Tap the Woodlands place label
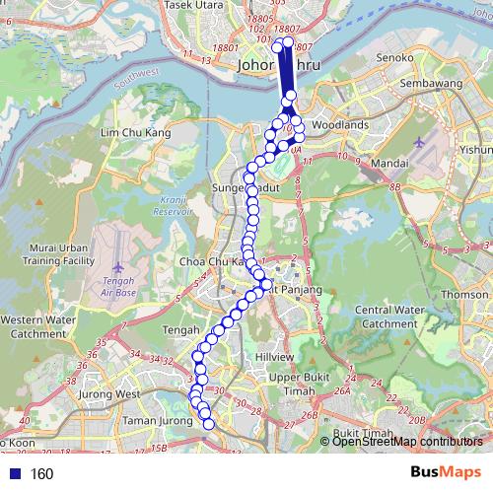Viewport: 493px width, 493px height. click(339, 125)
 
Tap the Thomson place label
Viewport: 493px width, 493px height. click(464, 294)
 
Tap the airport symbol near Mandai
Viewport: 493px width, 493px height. click(421, 144)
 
